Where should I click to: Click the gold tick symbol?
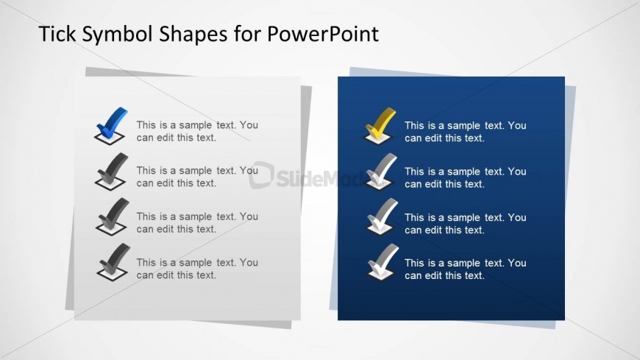[380, 125]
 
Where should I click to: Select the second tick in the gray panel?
[112, 172]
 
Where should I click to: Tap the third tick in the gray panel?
[112, 217]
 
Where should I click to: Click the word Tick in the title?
[56, 34]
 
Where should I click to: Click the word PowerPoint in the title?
[324, 34]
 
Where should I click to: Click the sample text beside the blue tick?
[197, 131]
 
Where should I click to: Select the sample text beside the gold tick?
[465, 131]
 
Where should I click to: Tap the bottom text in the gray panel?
[197, 269]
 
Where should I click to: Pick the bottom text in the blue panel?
[465, 269]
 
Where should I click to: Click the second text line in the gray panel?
[197, 177]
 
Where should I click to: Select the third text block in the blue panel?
[465, 223]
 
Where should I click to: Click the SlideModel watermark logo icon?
[261, 174]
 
